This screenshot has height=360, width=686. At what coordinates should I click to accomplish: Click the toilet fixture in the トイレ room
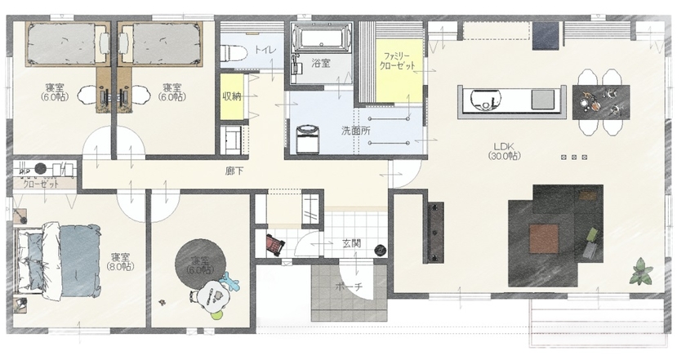coord(234,52)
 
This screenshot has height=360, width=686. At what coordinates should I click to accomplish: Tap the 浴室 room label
coord(321,63)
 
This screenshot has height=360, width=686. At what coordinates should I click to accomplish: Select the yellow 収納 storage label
coord(231,96)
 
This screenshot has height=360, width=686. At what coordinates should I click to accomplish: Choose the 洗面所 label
coord(355,131)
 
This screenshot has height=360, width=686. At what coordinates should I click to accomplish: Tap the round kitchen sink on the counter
coord(483,101)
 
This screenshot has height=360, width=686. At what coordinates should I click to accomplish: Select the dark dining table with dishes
coord(598,100)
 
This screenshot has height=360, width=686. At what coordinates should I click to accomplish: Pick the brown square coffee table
coord(544,238)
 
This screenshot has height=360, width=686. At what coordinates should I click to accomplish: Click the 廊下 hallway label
coord(235,171)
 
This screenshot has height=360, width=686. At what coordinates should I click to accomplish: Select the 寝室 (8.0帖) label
coord(119,262)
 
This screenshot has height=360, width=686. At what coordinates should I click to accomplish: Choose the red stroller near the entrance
coord(274,243)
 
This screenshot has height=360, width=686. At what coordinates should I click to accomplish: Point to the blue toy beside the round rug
coord(229,283)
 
